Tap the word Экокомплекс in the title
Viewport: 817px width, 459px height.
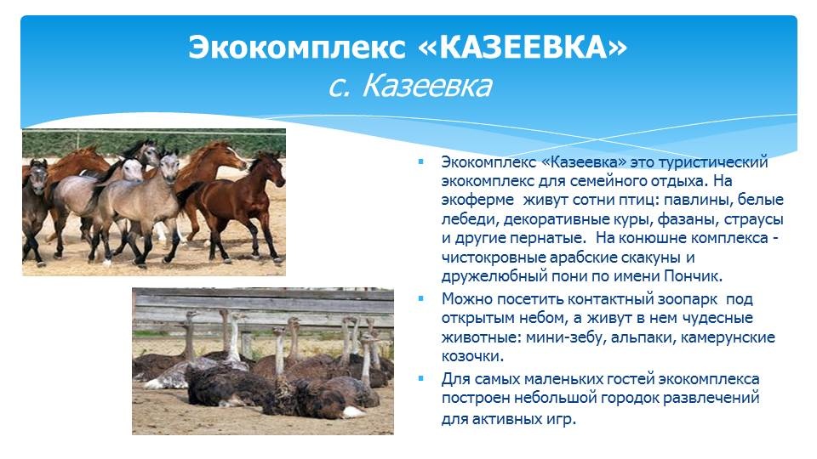296,48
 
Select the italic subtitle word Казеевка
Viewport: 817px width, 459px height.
426,86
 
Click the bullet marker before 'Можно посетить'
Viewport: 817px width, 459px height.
421,298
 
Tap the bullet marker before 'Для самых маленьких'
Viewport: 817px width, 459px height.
421,378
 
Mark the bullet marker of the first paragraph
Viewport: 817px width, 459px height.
421,161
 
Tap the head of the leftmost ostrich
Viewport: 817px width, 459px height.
191,314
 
